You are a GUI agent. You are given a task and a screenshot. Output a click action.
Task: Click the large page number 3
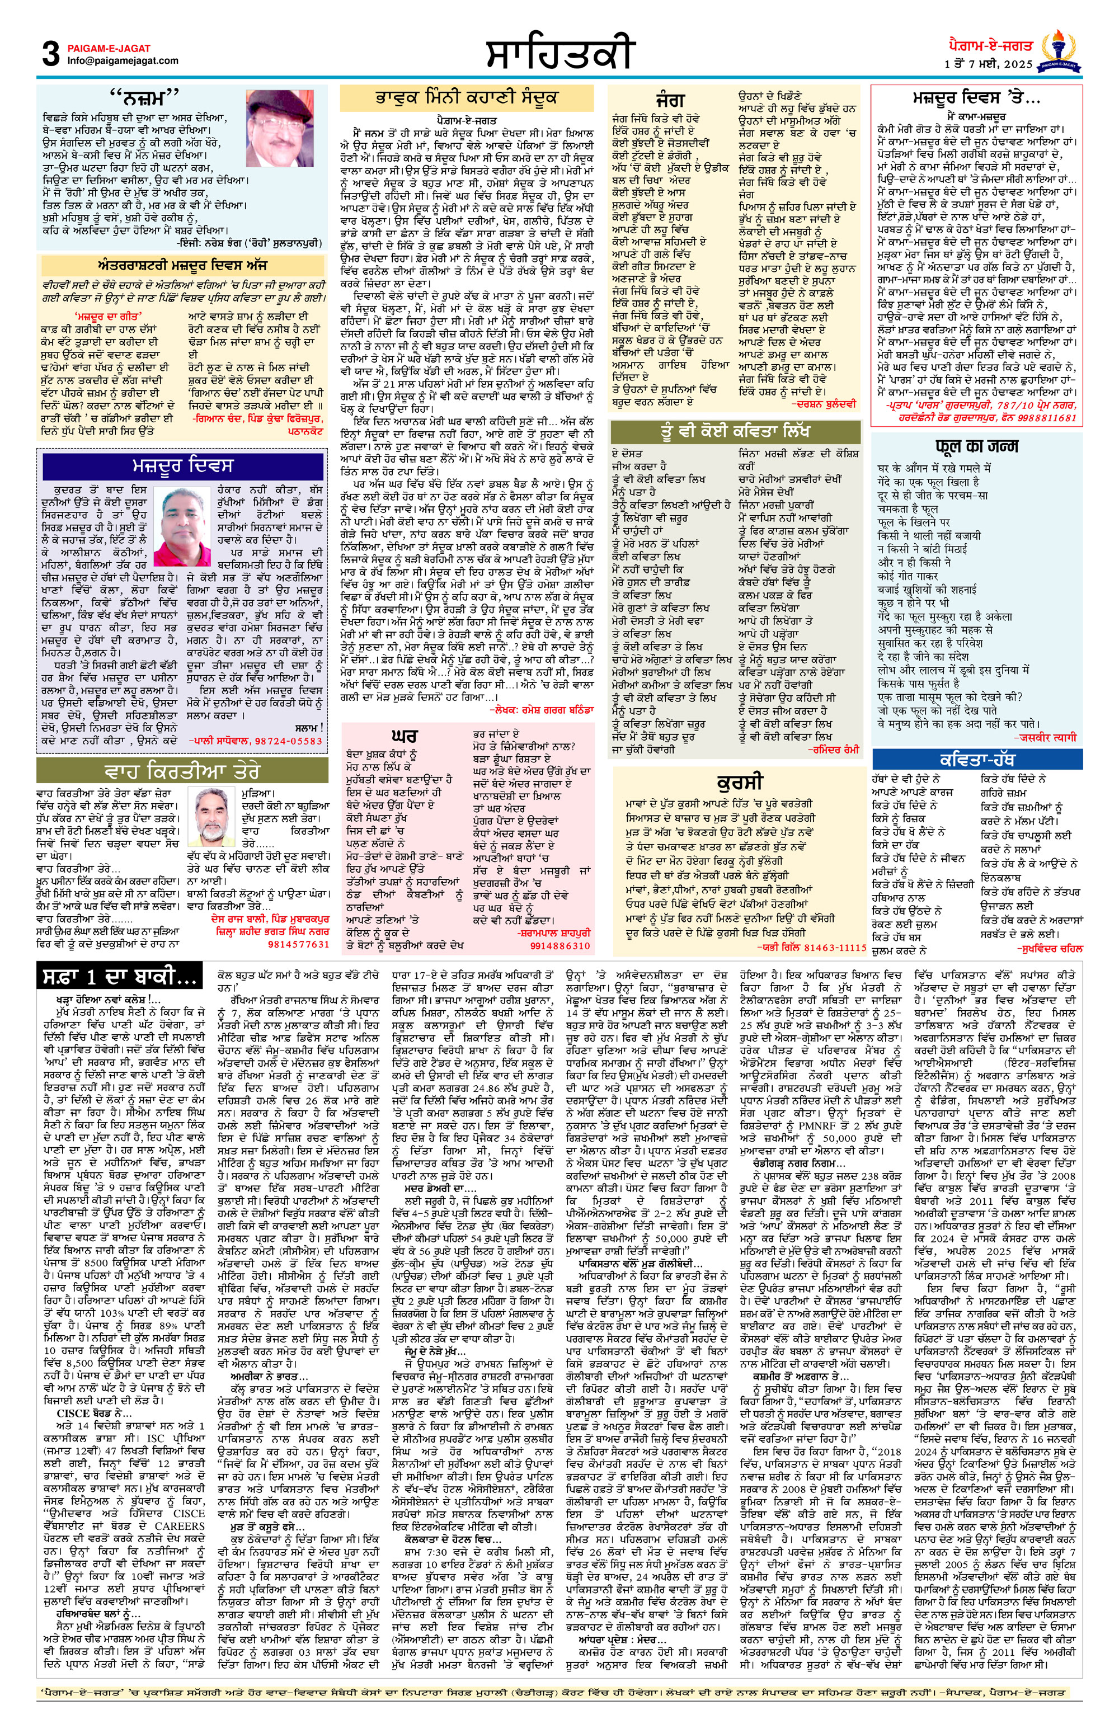[51, 54]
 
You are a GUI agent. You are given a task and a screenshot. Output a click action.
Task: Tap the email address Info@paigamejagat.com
[123, 61]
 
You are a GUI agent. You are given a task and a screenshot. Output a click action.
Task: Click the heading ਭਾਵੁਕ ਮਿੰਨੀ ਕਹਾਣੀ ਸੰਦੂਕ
[467, 97]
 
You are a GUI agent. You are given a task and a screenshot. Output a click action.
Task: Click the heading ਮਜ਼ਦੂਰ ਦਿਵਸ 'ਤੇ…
[976, 97]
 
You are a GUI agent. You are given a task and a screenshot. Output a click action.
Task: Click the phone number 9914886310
[559, 946]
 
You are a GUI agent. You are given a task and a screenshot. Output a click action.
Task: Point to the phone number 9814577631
[299, 944]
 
